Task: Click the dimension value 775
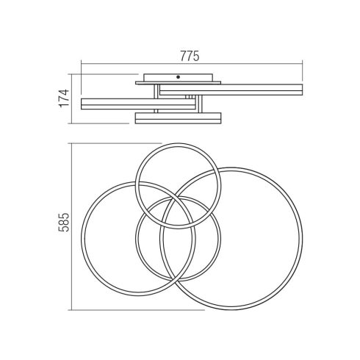click(x=190, y=57)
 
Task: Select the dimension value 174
click(x=64, y=98)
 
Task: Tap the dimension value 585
click(x=64, y=223)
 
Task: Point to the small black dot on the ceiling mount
click(x=178, y=77)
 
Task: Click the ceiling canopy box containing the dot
click(x=178, y=77)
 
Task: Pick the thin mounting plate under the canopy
click(x=178, y=83)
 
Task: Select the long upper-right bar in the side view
click(x=231, y=90)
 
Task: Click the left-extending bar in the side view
click(x=138, y=104)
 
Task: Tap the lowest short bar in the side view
click(x=178, y=118)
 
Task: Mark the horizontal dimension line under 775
click(x=192, y=64)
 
